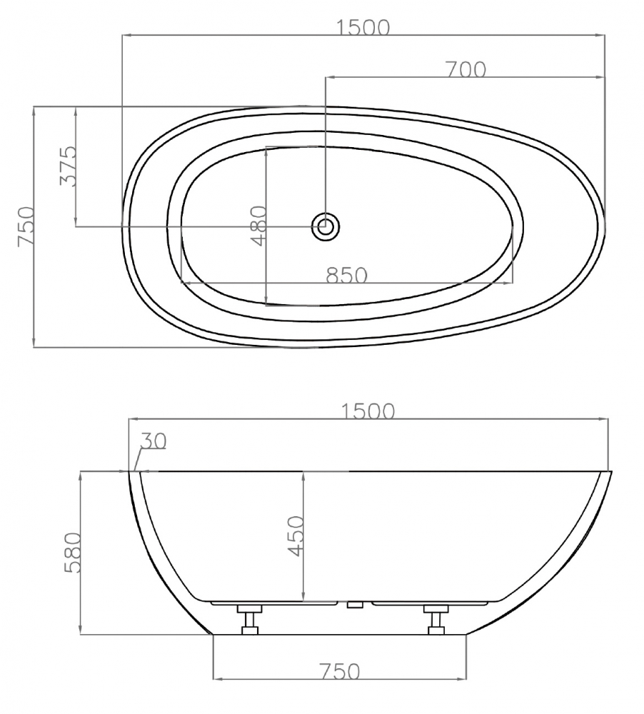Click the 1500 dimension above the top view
364,27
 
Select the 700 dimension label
465,69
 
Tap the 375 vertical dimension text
67,166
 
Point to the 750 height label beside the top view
26,227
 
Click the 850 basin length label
346,275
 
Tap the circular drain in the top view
326,228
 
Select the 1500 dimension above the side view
368,412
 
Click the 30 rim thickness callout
152,441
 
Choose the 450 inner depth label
296,535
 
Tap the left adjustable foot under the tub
249,618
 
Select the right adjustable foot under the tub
435,618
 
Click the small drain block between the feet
355,605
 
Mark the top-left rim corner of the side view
129,472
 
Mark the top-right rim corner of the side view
612,472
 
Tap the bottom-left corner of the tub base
213,634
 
